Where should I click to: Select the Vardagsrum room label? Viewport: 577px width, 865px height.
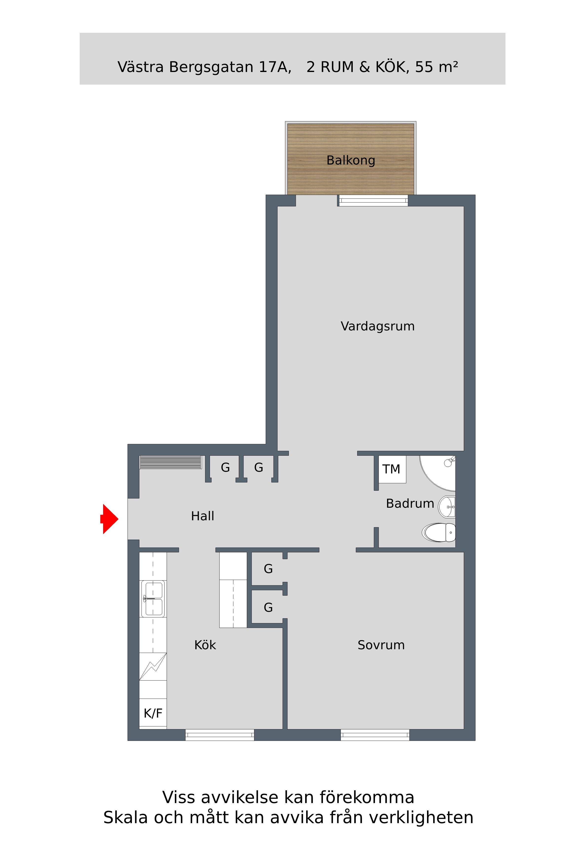pyautogui.click(x=377, y=326)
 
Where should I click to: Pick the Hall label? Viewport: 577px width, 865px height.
pyautogui.click(x=202, y=516)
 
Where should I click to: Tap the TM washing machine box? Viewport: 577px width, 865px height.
pyautogui.click(x=392, y=469)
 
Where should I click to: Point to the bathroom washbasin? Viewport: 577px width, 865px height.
pyautogui.click(x=447, y=507)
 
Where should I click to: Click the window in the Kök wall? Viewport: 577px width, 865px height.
pyautogui.click(x=220, y=735)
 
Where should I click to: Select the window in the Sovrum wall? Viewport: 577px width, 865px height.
pyautogui.click(x=375, y=735)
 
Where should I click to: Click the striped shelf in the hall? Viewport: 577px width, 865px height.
pyautogui.click(x=170, y=462)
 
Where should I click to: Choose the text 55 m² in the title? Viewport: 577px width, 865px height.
pyautogui.click(x=436, y=67)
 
